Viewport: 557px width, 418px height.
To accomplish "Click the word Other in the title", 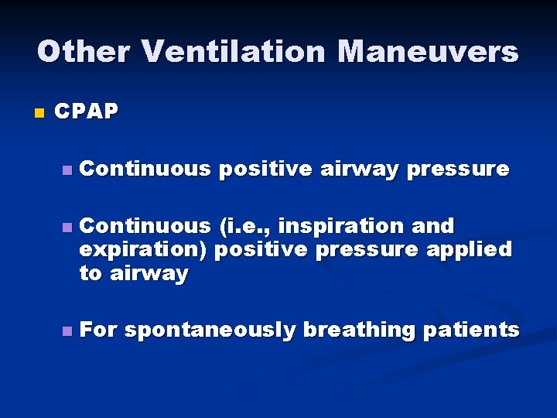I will (84, 52).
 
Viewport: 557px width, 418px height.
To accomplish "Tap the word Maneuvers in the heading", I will (428, 52).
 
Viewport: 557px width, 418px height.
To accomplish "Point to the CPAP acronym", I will (87, 112).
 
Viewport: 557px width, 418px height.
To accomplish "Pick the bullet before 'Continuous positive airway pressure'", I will (68, 170).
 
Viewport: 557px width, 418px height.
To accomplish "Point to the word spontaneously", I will (210, 331).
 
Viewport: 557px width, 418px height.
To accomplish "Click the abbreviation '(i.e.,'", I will (245, 226).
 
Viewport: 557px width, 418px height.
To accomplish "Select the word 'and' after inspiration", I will (434, 226).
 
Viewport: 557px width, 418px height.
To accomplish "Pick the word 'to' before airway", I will (91, 273).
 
